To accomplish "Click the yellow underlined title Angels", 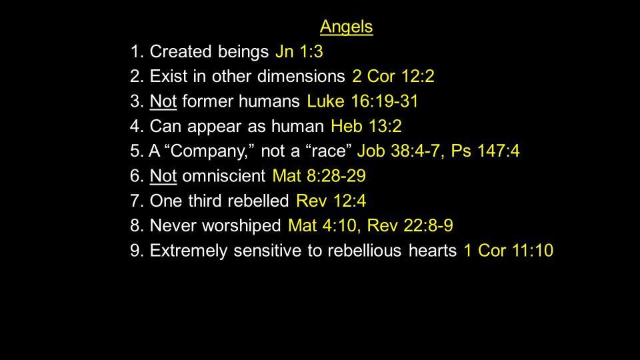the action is [346, 27].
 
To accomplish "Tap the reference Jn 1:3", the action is [299, 52].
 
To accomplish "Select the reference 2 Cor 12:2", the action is [393, 76].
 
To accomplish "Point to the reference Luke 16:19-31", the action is [363, 101].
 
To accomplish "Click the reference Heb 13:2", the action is [366, 126].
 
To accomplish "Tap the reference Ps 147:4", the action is [485, 151].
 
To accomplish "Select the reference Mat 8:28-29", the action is [319, 176].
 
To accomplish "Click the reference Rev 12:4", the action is [331, 201].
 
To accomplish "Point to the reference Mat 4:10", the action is [323, 226].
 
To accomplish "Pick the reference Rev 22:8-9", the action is [410, 226].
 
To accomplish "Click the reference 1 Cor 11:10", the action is [508, 251].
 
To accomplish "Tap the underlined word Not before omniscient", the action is [163, 176].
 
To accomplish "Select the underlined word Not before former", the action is [163, 101].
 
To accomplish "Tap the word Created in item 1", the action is [181, 52].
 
